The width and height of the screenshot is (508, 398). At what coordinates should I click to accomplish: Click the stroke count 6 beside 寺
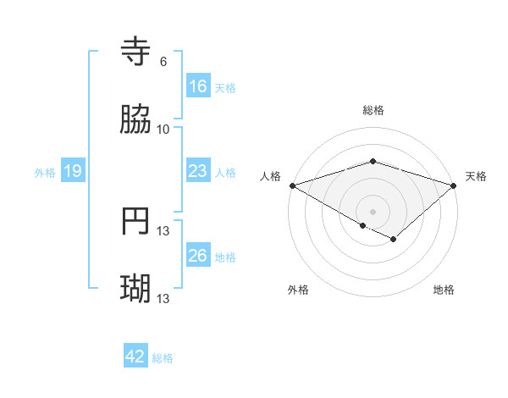point(163,62)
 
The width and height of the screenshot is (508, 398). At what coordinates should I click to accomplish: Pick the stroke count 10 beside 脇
point(163,129)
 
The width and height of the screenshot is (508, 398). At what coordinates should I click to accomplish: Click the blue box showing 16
point(197,86)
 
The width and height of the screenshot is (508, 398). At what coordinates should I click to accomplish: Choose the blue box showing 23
point(197,171)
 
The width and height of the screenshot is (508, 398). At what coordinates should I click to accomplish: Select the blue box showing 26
point(197,256)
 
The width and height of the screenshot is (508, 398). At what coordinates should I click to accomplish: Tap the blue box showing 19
point(72,171)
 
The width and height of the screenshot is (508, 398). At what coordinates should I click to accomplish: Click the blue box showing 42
point(135,357)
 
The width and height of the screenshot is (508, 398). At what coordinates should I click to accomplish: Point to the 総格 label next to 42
point(163,358)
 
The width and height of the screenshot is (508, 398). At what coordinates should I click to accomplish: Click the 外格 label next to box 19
point(45,173)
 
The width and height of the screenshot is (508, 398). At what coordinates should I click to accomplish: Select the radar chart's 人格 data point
point(292,185)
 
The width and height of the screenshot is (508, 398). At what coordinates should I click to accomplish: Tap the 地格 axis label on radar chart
point(444,290)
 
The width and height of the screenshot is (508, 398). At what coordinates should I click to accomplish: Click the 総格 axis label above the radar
point(373,110)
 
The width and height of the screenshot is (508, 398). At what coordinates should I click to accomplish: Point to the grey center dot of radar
point(373,211)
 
